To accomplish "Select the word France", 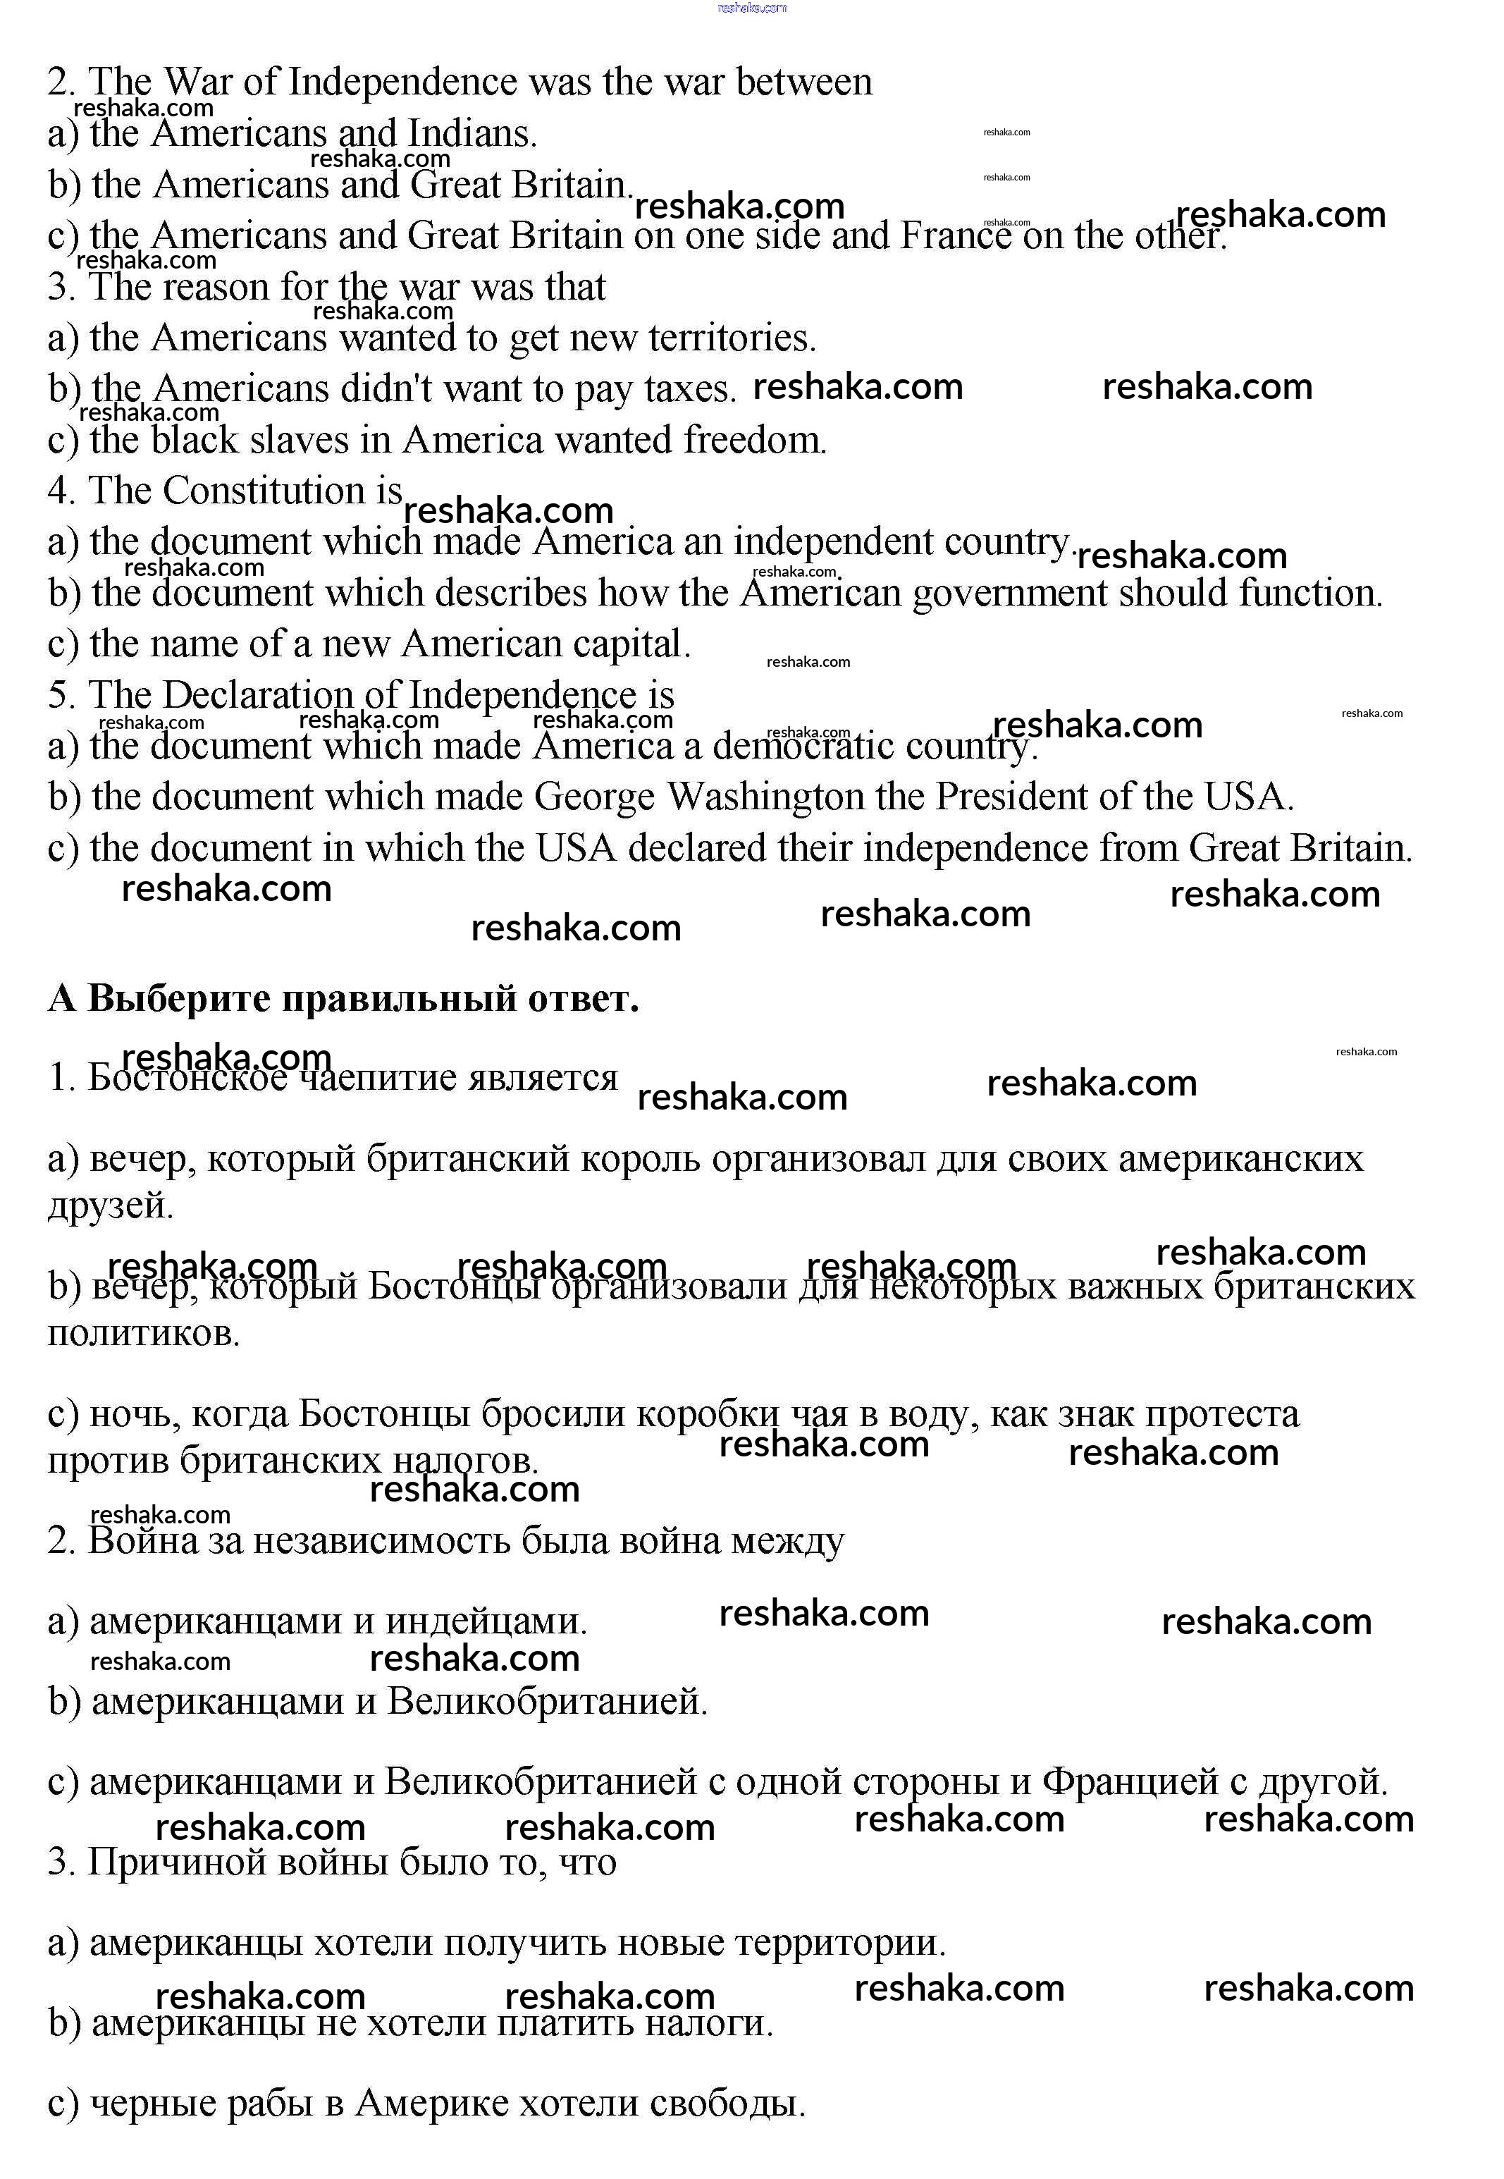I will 956,235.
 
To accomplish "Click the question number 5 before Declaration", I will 61,696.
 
